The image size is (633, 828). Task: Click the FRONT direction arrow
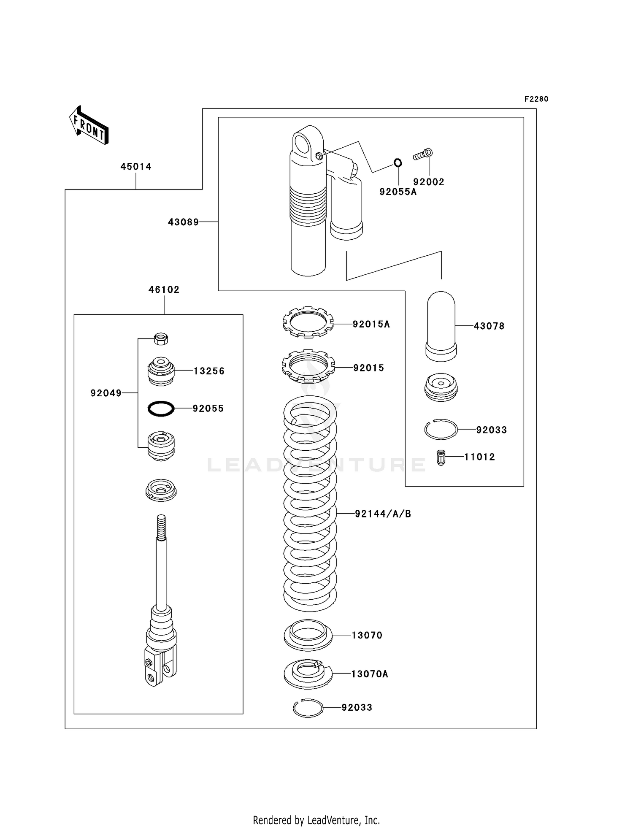89,126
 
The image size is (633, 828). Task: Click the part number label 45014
136,167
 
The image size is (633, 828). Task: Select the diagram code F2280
536,99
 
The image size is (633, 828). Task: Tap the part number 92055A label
398,192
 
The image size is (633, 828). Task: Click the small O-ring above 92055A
398,162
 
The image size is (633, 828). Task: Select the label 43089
183,222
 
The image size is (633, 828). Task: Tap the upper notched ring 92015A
308,322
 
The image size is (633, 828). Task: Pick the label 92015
368,368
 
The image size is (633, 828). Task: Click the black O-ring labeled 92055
161,409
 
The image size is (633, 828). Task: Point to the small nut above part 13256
161,338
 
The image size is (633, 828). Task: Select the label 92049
106,393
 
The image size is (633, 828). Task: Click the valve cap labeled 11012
441,457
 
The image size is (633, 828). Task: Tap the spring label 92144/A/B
383,514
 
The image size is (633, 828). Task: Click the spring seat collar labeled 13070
308,635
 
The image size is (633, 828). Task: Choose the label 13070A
369,674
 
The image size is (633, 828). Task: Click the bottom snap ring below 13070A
308,708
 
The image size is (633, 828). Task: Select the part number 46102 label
164,290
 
